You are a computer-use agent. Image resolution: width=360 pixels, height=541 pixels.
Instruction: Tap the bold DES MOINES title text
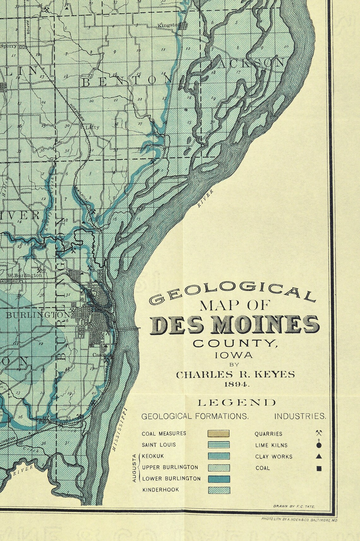(x=235, y=325)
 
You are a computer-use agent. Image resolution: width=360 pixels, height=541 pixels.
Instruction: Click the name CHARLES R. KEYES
(x=235, y=374)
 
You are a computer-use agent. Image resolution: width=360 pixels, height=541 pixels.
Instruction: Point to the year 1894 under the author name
(x=235, y=384)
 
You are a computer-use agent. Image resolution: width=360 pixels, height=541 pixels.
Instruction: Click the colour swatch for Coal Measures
(x=219, y=433)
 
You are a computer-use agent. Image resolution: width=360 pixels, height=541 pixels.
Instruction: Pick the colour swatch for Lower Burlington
(x=219, y=479)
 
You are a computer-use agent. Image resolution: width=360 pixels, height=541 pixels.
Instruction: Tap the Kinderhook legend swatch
(x=219, y=490)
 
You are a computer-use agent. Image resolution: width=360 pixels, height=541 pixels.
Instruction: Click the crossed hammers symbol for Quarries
(x=319, y=433)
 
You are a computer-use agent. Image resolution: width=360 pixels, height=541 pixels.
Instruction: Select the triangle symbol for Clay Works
(x=319, y=456)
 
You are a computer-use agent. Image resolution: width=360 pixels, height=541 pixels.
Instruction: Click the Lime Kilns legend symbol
(x=319, y=444)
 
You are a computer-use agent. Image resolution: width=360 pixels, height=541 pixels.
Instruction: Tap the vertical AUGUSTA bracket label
(x=134, y=467)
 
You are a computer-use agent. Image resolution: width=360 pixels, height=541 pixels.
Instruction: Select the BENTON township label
(x=123, y=82)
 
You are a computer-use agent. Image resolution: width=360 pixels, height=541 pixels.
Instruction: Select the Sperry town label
(x=9, y=45)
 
